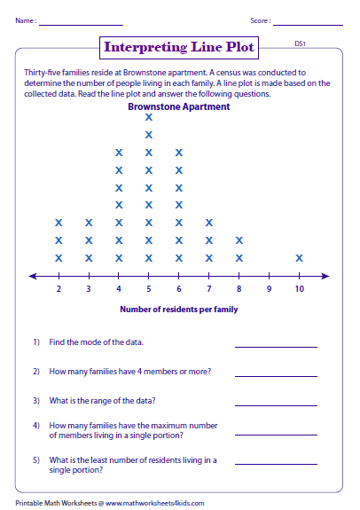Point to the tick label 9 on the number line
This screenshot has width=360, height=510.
click(x=270, y=289)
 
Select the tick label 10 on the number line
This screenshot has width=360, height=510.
click(x=300, y=289)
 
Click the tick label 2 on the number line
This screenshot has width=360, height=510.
click(x=59, y=289)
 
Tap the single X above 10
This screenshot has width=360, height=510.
click(x=300, y=258)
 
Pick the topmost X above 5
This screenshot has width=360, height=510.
click(x=149, y=117)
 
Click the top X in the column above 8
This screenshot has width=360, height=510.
click(x=239, y=240)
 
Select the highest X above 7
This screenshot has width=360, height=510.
click(x=209, y=223)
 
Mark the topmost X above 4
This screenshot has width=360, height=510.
click(x=119, y=153)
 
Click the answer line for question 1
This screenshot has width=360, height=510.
click(x=275, y=346)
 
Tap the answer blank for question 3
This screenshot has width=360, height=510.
click(x=275, y=404)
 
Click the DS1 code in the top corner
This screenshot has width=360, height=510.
click(x=300, y=42)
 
